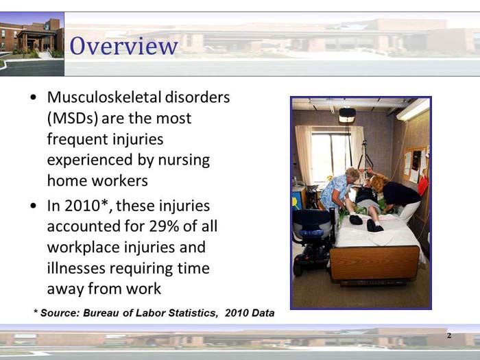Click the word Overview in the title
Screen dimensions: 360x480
(124, 46)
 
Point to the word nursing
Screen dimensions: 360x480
(185, 160)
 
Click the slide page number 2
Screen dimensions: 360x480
(448, 335)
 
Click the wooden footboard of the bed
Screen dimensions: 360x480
(374, 263)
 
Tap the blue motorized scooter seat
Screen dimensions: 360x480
(313, 223)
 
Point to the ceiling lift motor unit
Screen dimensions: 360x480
(347, 115)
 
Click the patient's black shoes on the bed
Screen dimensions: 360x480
(365, 223)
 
